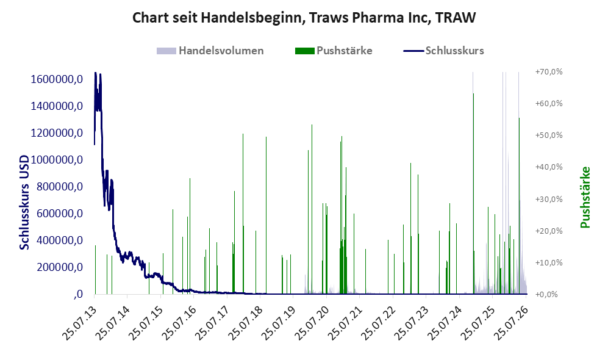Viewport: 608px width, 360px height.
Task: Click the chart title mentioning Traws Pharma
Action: click(304, 18)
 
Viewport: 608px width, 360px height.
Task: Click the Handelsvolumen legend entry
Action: click(210, 51)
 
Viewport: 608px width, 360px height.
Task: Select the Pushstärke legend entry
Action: click(334, 51)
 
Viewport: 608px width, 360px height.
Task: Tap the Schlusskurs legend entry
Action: click(443, 51)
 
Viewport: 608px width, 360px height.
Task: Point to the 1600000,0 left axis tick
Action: click(57, 79)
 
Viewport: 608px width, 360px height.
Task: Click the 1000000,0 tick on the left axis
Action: click(57, 160)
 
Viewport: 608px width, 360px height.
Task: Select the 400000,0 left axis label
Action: click(60, 240)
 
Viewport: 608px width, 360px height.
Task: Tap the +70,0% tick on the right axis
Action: click(549, 72)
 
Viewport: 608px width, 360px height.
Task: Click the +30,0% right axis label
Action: click(549, 199)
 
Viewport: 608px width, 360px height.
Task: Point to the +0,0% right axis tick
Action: click(549, 295)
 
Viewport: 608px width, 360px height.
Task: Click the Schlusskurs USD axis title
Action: click(24, 202)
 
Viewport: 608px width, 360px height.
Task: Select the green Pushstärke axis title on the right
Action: click(585, 197)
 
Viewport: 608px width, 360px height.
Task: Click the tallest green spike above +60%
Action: click(473, 193)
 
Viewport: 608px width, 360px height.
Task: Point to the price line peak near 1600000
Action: click(95, 73)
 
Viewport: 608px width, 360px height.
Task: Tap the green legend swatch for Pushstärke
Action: click(304, 51)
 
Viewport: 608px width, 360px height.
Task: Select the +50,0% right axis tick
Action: click(549, 135)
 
